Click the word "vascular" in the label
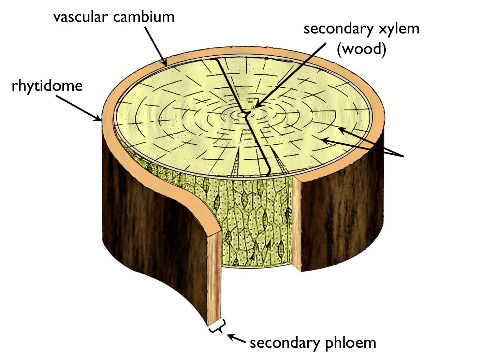coord(81,17)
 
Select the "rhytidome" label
coord(47,86)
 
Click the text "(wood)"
coord(361,49)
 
